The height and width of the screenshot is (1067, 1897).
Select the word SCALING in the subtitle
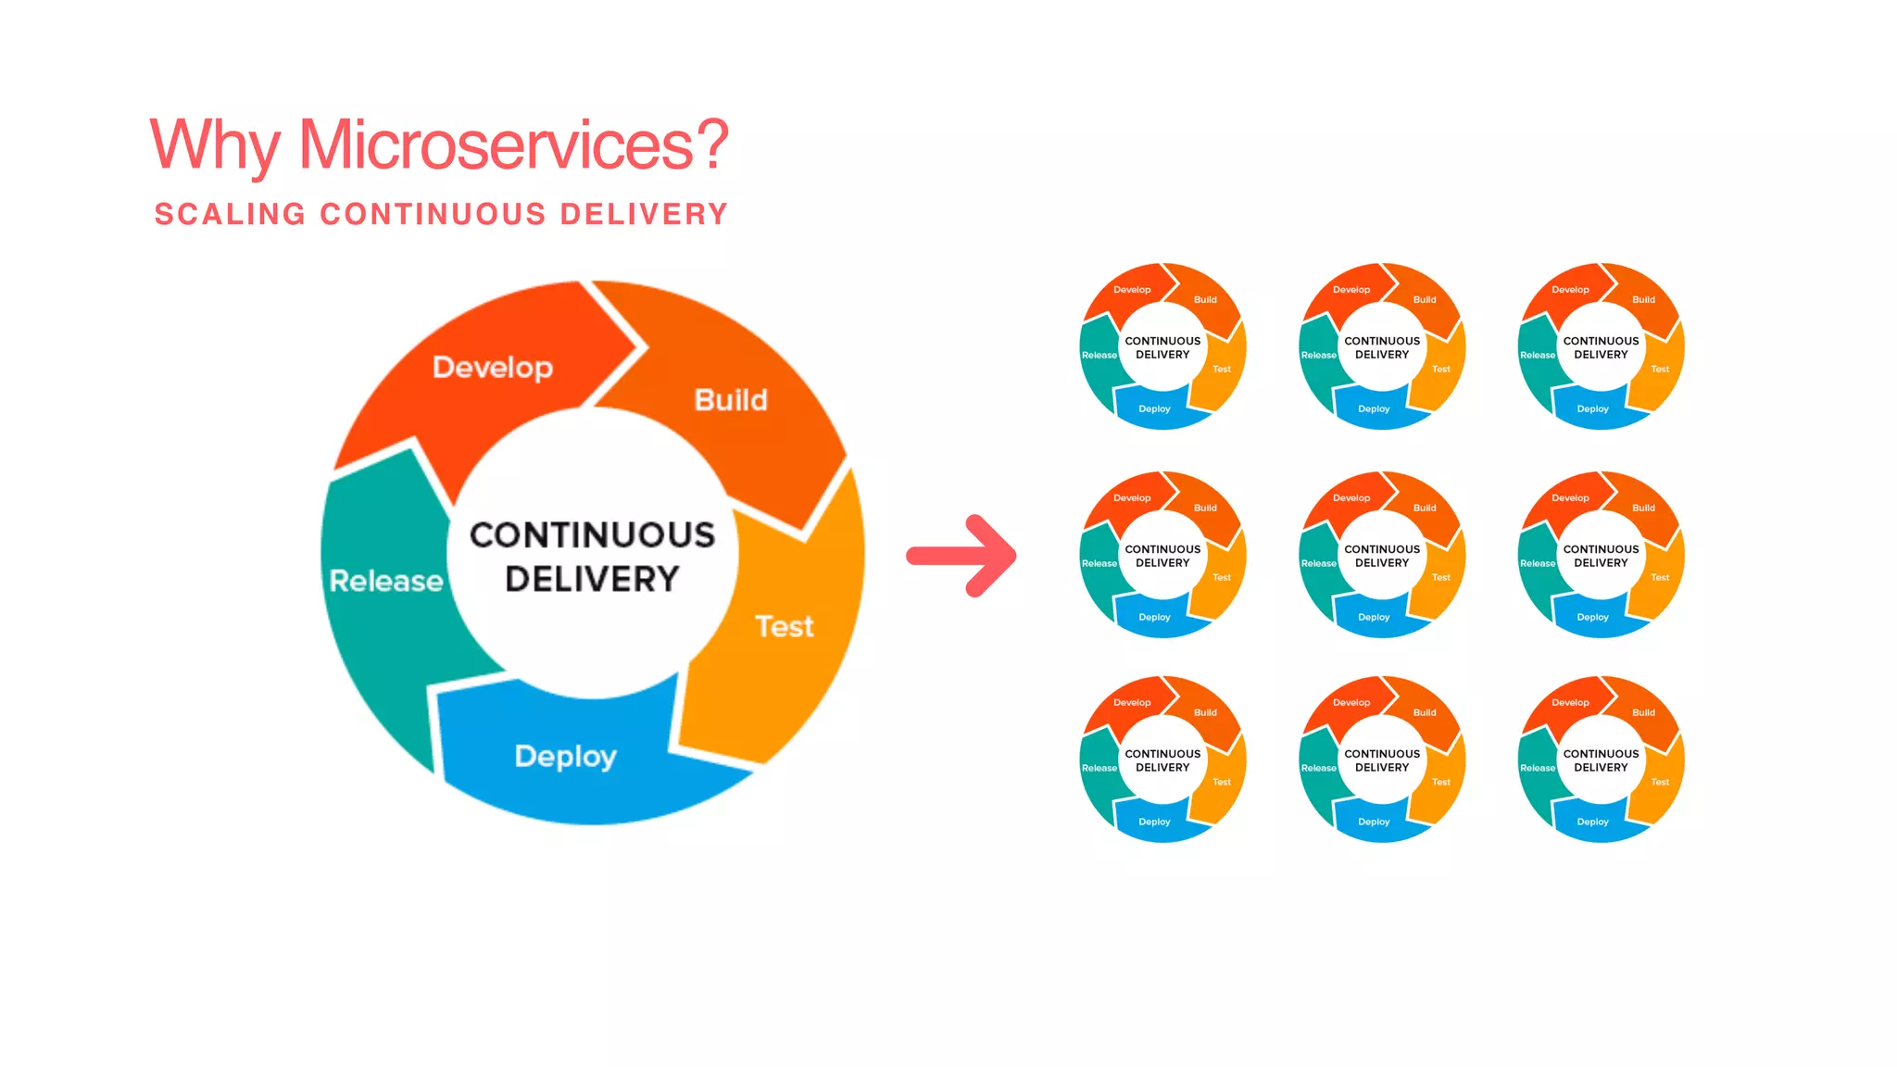pos(230,214)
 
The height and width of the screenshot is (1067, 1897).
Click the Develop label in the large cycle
pos(492,368)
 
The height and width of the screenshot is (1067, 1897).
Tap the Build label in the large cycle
pos(731,400)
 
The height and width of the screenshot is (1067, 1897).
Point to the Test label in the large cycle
pos(784,627)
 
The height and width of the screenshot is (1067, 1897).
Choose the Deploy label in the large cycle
pos(565,757)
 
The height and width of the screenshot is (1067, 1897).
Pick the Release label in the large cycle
pos(386,581)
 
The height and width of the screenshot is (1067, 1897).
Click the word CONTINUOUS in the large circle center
pos(592,534)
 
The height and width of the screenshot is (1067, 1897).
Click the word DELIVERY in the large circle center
pos(592,580)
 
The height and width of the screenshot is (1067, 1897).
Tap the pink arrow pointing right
pos(962,556)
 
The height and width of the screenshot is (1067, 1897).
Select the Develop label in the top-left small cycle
pos(1132,290)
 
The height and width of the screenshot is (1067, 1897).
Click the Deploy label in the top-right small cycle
pos(1592,408)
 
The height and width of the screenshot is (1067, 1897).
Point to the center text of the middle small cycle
pos(1382,556)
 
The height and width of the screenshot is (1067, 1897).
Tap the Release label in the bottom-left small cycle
pos(1099,768)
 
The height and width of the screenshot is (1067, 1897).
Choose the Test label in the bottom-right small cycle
pos(1660,782)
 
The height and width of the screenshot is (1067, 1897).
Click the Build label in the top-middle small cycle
pos(1425,300)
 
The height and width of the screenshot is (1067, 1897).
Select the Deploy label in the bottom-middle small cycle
pos(1374,822)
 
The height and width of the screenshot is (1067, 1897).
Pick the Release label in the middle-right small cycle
pos(1538,563)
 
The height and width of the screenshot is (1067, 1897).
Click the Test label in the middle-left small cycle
pos(1222,577)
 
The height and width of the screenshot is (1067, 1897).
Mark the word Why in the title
pos(214,145)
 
